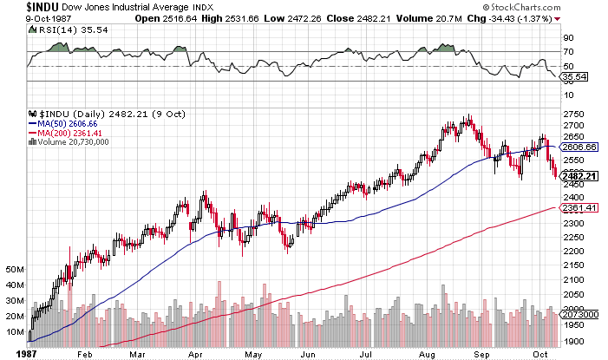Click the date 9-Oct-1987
tap(25, 18)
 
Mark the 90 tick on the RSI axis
tap(569, 37)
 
